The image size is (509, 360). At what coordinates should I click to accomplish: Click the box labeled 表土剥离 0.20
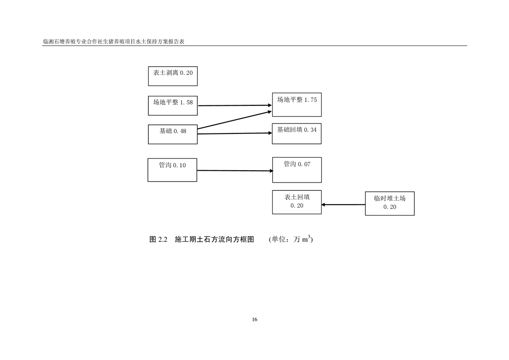[173, 76]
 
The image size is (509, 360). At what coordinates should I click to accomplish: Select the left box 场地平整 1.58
[173, 105]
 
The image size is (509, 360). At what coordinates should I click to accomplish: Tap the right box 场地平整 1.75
[297, 104]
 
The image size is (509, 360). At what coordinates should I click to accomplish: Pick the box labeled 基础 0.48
[173, 134]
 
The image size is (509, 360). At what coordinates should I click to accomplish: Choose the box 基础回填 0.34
[297, 133]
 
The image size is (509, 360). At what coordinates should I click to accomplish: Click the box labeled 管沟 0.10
[172, 170]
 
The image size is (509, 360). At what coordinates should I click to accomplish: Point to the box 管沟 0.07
[297, 170]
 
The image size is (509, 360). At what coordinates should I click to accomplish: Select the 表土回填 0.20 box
[297, 202]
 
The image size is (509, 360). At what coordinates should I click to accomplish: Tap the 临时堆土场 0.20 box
[390, 203]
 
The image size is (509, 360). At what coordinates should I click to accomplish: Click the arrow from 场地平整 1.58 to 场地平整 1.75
[235, 105]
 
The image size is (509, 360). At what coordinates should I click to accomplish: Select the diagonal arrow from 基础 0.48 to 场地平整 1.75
[235, 120]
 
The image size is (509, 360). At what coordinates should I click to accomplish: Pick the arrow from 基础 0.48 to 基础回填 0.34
[235, 133]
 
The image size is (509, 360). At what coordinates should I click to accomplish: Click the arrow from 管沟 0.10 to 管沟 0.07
[235, 171]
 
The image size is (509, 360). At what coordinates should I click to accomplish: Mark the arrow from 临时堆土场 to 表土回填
[343, 205]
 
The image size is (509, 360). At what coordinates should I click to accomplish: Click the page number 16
[254, 320]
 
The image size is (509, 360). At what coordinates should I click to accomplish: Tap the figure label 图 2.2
[159, 239]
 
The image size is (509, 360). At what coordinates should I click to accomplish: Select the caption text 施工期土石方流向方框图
[214, 239]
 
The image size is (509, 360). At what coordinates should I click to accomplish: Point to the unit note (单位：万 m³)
[290, 239]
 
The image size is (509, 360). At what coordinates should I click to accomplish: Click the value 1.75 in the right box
[310, 100]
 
